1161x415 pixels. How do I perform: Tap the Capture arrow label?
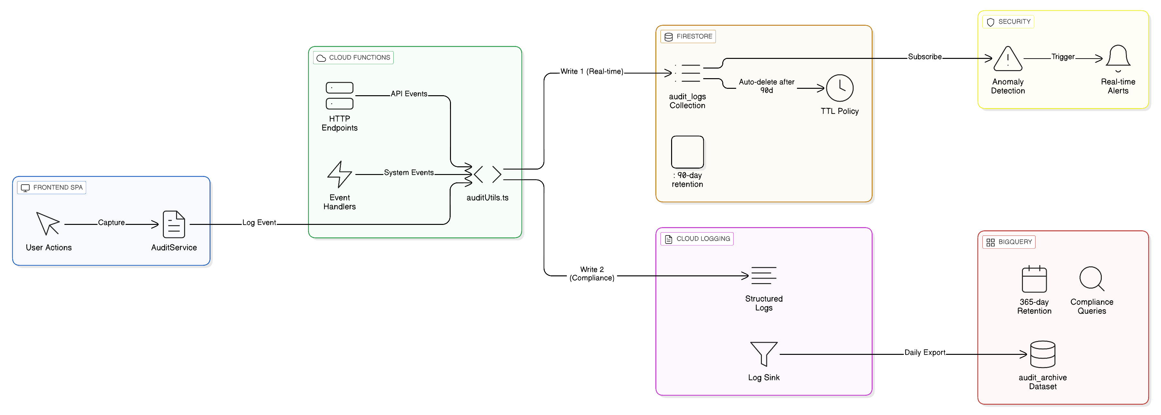coord(111,223)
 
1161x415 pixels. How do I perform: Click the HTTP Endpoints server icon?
coord(339,96)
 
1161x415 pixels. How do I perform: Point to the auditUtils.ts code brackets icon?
coord(487,174)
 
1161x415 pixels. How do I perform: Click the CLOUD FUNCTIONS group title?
coord(359,58)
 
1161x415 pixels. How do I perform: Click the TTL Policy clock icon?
coord(839,88)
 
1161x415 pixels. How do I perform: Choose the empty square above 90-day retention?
coord(687,152)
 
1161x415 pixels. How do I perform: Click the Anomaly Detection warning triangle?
coord(1008,59)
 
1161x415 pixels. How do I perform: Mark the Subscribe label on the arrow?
coord(924,57)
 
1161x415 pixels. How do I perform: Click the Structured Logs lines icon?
coord(763,275)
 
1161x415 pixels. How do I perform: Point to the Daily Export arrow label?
coord(924,352)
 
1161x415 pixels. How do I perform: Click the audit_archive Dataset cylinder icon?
coord(1043,354)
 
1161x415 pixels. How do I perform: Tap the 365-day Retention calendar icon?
coord(1034,279)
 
